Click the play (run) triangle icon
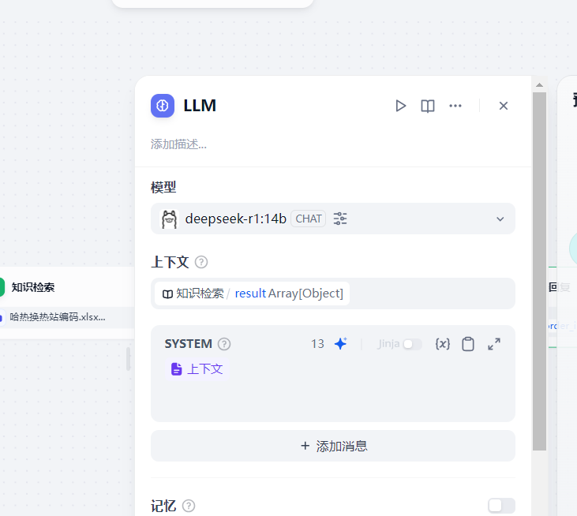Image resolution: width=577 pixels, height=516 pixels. tap(401, 106)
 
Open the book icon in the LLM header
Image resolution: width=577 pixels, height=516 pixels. tap(428, 106)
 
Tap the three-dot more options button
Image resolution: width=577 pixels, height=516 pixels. tap(455, 106)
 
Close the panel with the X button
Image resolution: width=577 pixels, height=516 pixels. tap(504, 106)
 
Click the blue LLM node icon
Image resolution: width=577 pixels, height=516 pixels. tap(163, 106)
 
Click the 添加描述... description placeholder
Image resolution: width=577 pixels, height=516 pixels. tap(179, 144)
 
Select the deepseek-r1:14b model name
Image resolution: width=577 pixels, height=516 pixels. tap(235, 219)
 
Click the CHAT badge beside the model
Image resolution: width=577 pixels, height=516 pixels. tap(309, 219)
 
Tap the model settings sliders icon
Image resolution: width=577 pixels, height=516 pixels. tap(340, 219)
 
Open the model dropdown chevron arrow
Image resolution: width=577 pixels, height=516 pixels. tap(500, 219)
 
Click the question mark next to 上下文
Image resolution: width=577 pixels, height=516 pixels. tap(201, 262)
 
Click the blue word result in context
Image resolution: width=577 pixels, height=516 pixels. tap(250, 294)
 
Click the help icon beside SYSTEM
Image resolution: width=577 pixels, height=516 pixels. tap(224, 344)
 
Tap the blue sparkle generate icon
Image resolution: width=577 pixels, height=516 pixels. tap(340, 344)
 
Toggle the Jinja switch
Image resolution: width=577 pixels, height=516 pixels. tap(412, 344)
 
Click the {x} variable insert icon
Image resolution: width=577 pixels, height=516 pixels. tap(443, 344)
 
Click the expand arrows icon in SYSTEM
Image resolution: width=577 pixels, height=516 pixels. tap(494, 344)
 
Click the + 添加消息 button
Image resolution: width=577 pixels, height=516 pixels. tap(333, 446)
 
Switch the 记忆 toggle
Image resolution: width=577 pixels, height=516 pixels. tap(501, 506)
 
